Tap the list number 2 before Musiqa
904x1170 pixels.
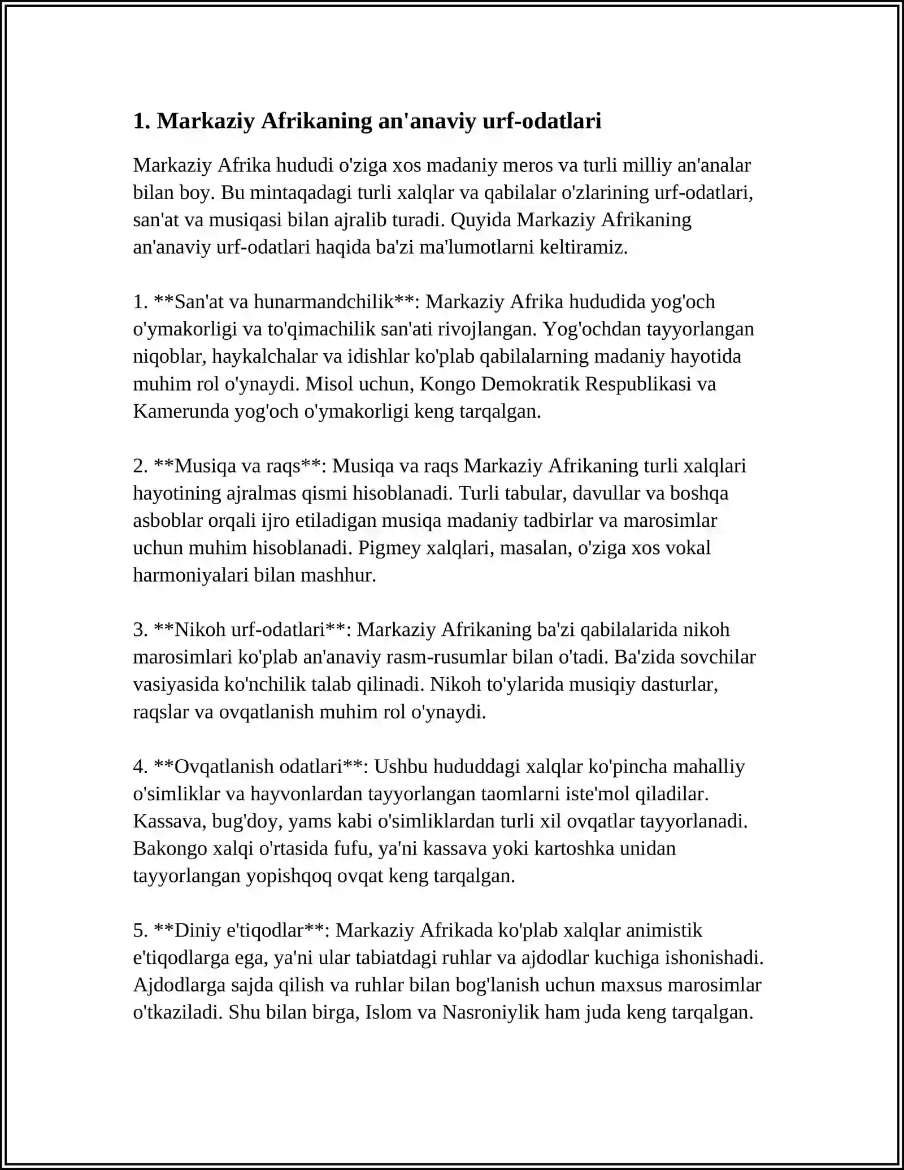139,466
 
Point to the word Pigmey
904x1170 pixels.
386,548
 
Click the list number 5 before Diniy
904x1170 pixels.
139,930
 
